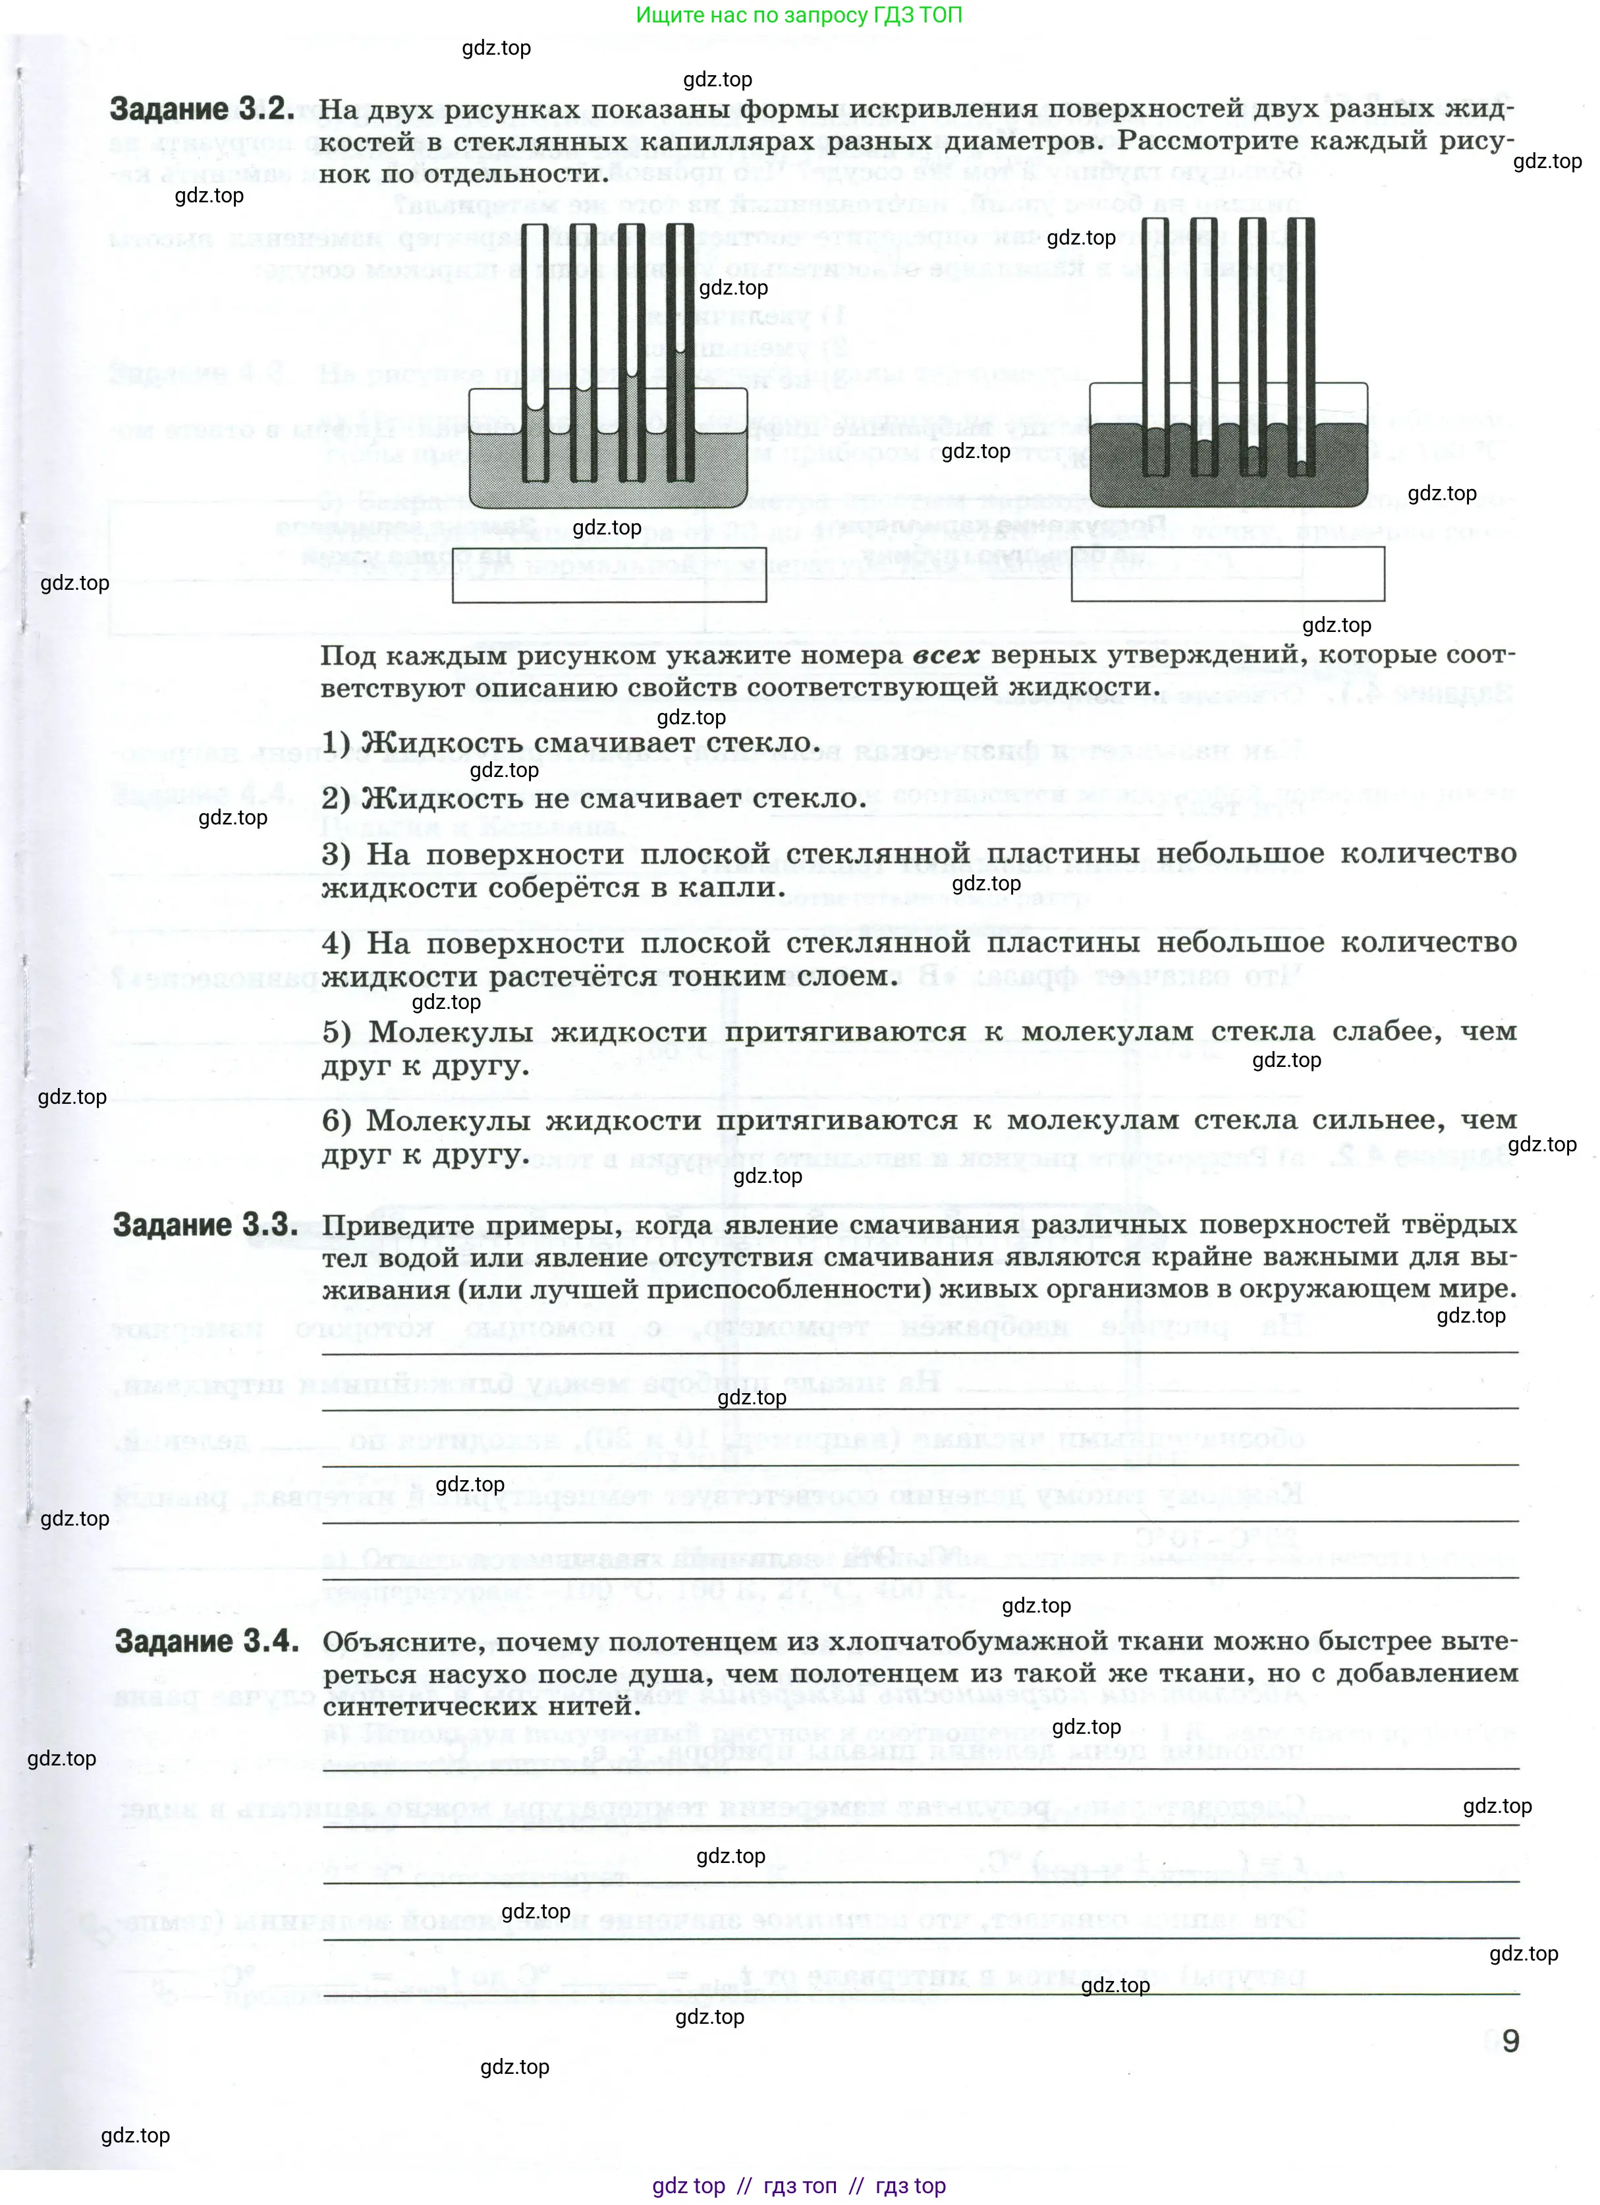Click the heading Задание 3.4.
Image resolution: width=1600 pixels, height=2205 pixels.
pos(206,1641)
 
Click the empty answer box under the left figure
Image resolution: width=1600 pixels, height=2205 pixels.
pos(609,575)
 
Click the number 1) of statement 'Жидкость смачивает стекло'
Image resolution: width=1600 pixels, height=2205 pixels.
pos(337,743)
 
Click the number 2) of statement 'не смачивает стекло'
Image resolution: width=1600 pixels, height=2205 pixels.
pos(337,799)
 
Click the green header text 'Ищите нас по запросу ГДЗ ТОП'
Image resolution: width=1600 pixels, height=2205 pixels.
pos(798,16)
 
